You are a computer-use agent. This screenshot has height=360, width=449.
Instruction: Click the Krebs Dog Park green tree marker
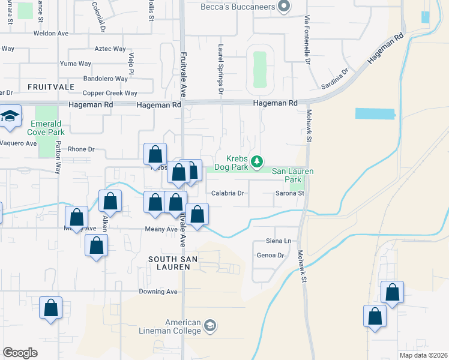[x=257, y=161]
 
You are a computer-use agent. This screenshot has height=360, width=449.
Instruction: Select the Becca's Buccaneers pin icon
[x=285, y=7]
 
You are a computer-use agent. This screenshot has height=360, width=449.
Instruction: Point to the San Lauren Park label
[x=293, y=175]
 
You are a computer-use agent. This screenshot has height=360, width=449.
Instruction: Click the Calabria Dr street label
[x=228, y=193]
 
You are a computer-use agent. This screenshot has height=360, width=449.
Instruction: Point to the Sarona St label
[x=290, y=193]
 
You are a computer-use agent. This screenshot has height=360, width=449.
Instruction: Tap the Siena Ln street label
[x=279, y=241]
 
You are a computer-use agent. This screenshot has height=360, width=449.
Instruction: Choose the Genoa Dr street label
[x=270, y=255]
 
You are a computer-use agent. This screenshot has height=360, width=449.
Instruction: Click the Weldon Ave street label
[x=52, y=34]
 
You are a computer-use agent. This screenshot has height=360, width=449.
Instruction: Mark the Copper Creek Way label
[x=110, y=93]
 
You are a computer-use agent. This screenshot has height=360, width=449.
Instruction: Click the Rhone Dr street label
[x=82, y=149]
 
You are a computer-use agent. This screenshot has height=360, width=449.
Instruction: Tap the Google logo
[x=20, y=353]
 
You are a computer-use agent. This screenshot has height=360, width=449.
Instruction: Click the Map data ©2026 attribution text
[x=423, y=355]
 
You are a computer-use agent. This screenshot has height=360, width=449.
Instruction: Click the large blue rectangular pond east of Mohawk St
[x=376, y=113]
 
